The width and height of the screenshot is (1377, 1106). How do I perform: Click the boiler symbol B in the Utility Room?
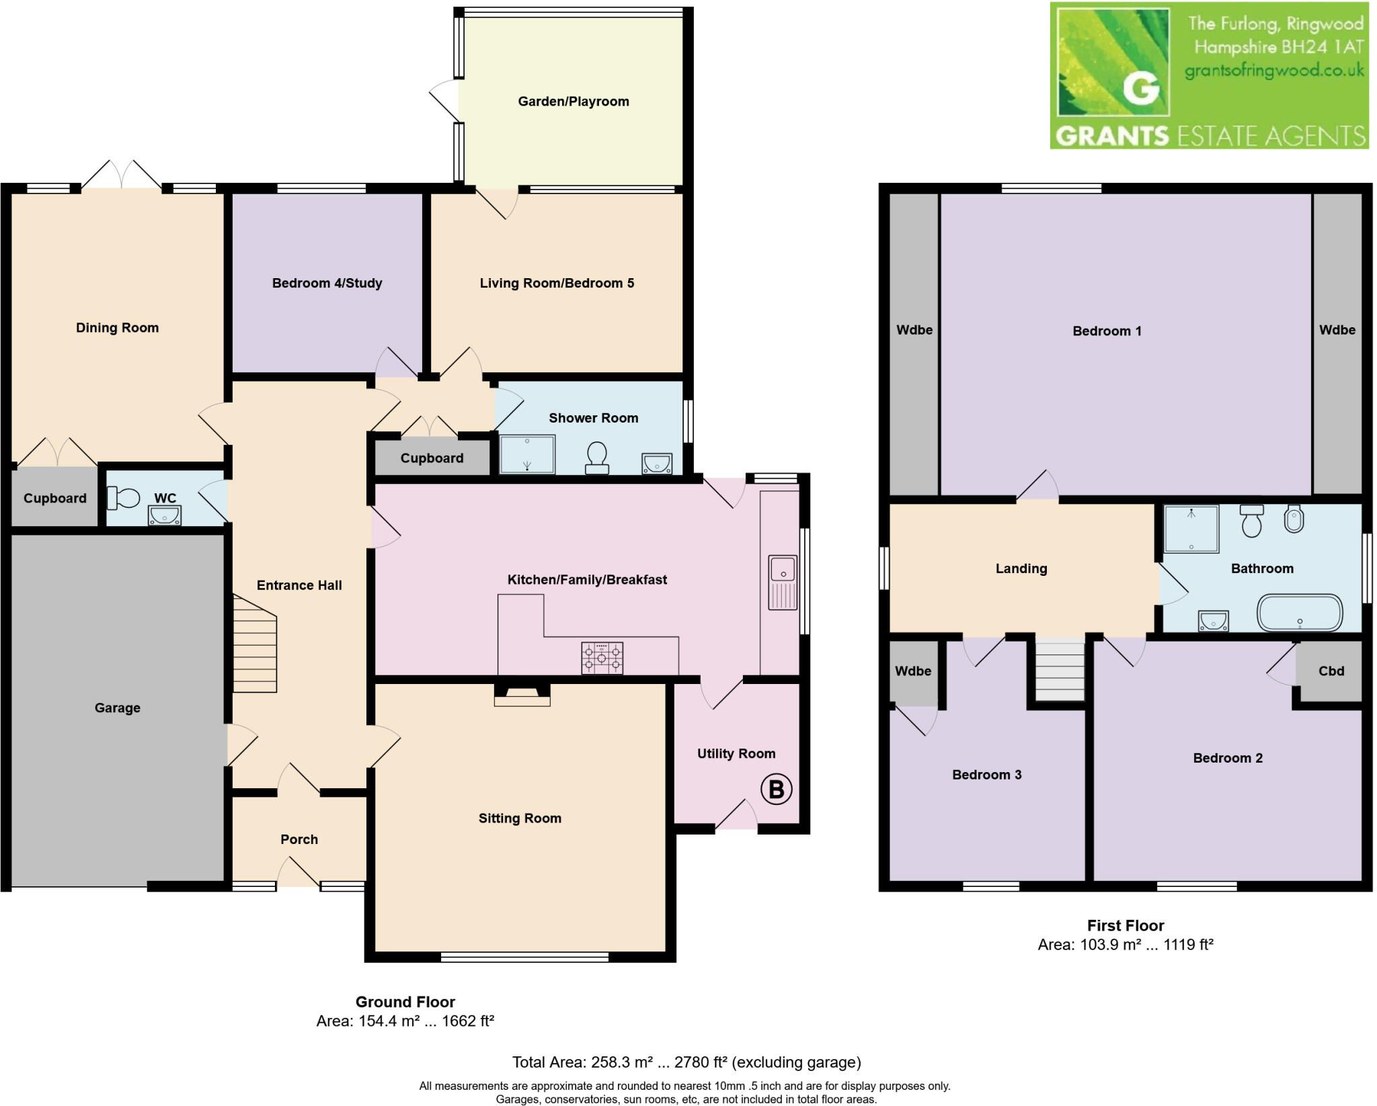776,790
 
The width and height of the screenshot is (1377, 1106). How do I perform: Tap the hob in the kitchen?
602,658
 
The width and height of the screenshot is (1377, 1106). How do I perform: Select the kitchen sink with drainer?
783,583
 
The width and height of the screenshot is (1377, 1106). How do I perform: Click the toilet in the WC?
123,499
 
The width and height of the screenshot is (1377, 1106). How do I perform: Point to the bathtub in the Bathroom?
1299,612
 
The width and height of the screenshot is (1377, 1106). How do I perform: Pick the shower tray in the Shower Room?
527,454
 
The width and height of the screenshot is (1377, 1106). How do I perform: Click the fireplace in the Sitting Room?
522,695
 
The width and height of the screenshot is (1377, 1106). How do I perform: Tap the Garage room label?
117,708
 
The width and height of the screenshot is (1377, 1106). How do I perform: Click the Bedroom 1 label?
1107,331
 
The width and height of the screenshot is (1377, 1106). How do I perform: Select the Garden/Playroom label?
574,101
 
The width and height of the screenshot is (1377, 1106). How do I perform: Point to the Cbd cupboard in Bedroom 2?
1329,671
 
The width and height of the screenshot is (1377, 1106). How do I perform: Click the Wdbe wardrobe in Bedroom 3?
913,673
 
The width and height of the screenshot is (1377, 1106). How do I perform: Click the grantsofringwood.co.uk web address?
1274,70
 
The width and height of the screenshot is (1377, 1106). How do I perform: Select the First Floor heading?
1126,925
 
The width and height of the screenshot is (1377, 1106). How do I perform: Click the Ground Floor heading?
405,1002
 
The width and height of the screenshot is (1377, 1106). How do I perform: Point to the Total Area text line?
686,1062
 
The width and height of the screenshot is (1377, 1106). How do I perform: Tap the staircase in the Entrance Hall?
255,643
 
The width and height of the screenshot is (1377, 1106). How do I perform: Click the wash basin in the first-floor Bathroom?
1213,621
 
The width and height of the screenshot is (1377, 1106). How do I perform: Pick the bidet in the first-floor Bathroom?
1294,519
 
